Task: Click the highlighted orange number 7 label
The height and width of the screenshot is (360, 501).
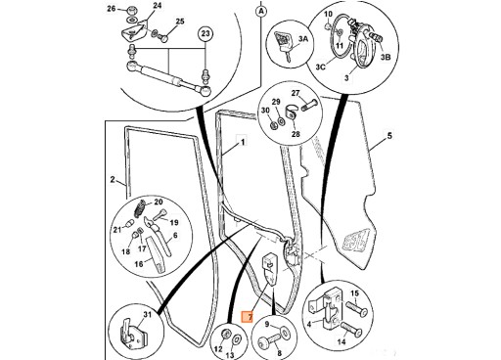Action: [x=247, y=316]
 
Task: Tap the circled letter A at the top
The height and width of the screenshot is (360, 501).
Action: [x=261, y=12]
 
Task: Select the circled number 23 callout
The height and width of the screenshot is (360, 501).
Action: [x=205, y=33]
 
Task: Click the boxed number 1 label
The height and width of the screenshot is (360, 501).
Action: [x=242, y=142]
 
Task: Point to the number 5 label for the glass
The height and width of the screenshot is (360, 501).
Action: [x=389, y=135]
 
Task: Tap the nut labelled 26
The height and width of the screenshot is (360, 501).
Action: [x=132, y=11]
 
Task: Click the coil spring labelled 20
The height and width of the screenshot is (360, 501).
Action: [x=140, y=207]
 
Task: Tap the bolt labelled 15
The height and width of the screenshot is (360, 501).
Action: [x=356, y=309]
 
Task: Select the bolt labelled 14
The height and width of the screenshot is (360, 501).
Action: [x=351, y=329]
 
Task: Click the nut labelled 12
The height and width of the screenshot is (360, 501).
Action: [x=225, y=334]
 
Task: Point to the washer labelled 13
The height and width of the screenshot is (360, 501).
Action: [x=237, y=339]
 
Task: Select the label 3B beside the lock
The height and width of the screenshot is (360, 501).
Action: [x=386, y=57]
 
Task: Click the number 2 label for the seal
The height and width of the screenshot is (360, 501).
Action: [x=113, y=179]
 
